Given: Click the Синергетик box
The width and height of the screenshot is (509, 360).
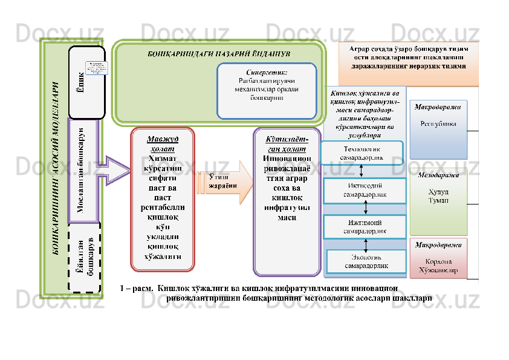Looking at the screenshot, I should tap(267, 90).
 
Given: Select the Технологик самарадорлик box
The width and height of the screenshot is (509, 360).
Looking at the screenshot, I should tap(361, 152).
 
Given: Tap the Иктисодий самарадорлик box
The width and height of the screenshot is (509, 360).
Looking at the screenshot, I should tap(365, 190).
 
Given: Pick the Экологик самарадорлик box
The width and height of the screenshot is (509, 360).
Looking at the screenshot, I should tap(366, 261).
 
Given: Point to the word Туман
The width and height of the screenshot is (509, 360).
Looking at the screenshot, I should tap(438, 200).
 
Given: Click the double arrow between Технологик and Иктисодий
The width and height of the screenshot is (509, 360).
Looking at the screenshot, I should tap(365, 171).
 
